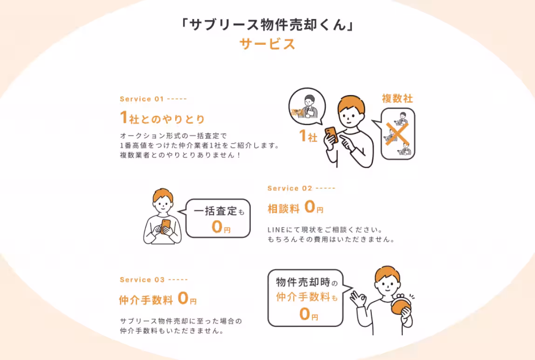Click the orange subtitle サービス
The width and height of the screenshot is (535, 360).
[x=267, y=44]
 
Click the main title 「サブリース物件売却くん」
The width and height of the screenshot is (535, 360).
[x=267, y=24]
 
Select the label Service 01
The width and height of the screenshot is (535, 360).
[x=142, y=99]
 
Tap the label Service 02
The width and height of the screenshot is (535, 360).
[x=290, y=188]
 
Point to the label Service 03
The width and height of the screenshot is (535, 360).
[x=142, y=280]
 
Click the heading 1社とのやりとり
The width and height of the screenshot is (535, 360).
[x=162, y=118]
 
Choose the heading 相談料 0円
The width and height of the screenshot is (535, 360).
[x=295, y=208]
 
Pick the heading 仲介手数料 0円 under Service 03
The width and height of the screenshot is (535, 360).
[x=158, y=299]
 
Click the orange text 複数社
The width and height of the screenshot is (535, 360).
[x=397, y=98]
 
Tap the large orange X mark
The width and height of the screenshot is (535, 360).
[x=397, y=132]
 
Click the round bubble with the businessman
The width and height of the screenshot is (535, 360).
[x=307, y=106]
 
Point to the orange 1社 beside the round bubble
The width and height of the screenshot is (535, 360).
[x=308, y=137]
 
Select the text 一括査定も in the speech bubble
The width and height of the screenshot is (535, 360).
[x=219, y=211]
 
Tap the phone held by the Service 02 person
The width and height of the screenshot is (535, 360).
[x=165, y=226]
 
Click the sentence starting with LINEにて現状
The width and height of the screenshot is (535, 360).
[x=325, y=230]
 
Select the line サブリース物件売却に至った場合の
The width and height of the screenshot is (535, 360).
[x=181, y=321]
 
